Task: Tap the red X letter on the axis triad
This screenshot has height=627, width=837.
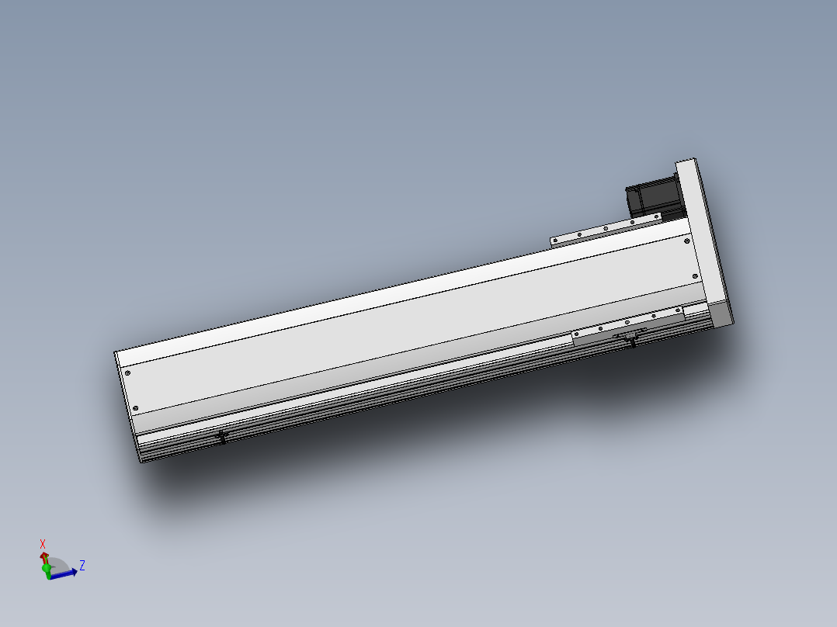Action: tap(43, 544)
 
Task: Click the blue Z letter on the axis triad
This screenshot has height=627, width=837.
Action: tap(82, 565)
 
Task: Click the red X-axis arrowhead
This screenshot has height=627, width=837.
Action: tap(43, 556)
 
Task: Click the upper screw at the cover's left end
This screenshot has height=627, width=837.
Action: tap(127, 374)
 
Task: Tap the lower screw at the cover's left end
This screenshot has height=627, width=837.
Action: tap(137, 408)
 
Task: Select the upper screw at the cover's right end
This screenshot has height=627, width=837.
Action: tap(686, 241)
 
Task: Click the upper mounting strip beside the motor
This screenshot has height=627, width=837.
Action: tap(606, 230)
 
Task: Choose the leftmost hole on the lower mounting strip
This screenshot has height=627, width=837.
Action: tap(601, 328)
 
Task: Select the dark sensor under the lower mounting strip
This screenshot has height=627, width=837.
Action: tap(630, 340)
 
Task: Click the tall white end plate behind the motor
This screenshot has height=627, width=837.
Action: tap(702, 233)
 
